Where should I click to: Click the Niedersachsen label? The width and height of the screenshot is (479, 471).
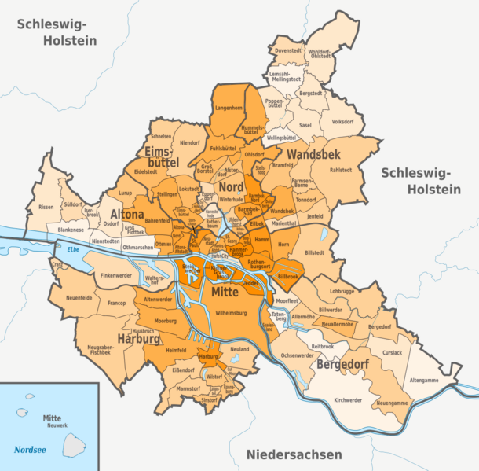(294, 454)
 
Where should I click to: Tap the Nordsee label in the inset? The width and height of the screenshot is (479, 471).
(30, 450)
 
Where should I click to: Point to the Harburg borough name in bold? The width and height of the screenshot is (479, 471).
(138, 340)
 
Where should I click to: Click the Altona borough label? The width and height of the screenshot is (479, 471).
(126, 214)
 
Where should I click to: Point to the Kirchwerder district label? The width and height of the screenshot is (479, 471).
(348, 400)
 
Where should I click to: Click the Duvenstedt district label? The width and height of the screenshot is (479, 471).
(288, 50)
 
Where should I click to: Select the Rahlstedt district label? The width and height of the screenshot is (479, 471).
(341, 169)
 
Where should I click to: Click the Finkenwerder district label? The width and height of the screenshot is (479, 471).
(116, 276)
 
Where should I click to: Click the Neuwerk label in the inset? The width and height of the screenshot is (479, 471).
(53, 425)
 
